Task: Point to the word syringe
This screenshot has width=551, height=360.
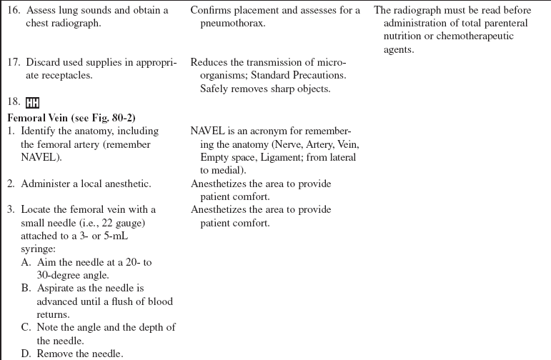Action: pyautogui.click(x=38, y=248)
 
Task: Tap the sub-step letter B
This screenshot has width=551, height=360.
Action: pyautogui.click(x=26, y=288)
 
